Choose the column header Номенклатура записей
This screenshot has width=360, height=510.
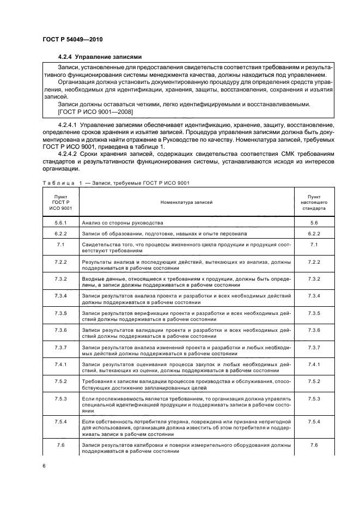pyautogui.click(x=186, y=202)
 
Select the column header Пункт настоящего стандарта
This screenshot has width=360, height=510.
pyautogui.click(x=313, y=202)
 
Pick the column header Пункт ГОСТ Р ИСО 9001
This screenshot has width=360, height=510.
pyautogui.click(x=60, y=202)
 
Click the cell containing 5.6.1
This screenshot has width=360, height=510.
pyautogui.click(x=60, y=222)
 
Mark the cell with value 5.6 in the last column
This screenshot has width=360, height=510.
pyautogui.click(x=313, y=222)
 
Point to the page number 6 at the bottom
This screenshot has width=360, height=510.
pyautogui.click(x=44, y=466)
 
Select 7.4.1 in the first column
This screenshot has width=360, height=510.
pyautogui.click(x=60, y=363)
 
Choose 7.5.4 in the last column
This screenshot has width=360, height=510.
pyautogui.click(x=313, y=422)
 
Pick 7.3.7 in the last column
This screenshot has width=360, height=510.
pyautogui.click(x=313, y=347)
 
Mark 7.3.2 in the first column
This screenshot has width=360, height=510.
pyautogui.click(x=60, y=278)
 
